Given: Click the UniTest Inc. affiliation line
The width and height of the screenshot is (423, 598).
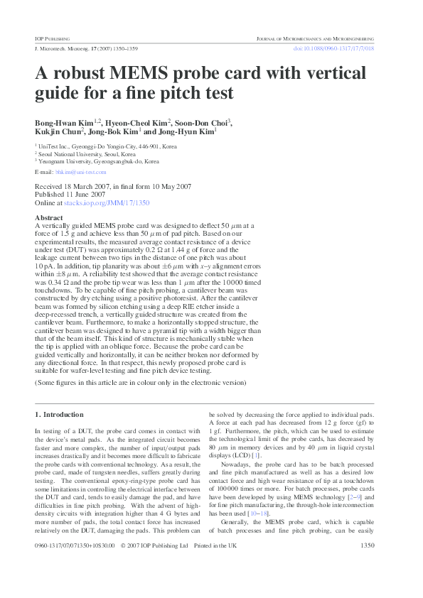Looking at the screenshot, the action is coord(107,146).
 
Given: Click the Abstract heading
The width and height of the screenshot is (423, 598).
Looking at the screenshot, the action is coord(49,217).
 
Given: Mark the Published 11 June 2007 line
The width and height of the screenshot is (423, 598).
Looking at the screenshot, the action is coord(70,195).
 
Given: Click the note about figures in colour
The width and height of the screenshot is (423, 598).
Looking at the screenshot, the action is coord(140,383).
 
